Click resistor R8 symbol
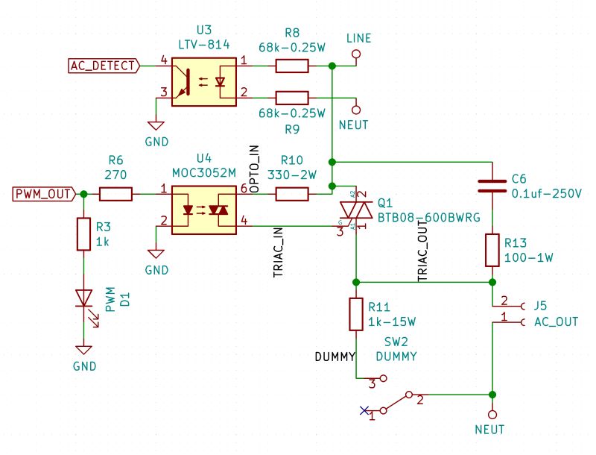291,66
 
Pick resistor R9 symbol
291,97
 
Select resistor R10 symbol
291,195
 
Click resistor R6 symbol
115,195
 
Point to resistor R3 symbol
83,234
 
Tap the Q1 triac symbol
355,210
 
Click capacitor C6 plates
492,185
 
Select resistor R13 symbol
492,250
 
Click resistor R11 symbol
356,314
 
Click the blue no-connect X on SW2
364,409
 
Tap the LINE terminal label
359,38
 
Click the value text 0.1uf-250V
546,193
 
